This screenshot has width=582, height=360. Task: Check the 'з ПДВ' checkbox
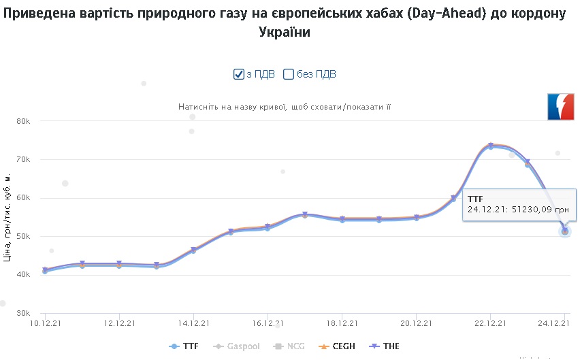point(239,74)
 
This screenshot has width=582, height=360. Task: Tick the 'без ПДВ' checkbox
point(288,74)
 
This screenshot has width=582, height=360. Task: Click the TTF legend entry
point(184,346)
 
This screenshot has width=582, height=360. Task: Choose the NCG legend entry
point(289,346)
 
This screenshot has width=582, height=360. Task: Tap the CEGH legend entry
point(339,346)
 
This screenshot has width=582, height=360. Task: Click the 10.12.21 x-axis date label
point(45,323)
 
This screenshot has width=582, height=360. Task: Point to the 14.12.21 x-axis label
point(193,323)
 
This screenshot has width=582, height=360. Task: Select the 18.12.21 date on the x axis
point(342,323)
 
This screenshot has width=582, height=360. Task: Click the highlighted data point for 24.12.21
point(565,231)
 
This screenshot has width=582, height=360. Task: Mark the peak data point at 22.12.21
point(491,146)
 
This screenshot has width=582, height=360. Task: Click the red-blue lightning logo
point(561,106)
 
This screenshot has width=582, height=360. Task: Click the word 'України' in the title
point(285,33)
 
